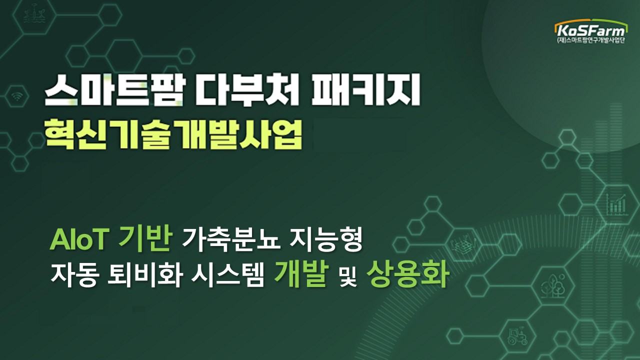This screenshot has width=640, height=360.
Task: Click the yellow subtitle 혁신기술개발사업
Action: tap(173, 133)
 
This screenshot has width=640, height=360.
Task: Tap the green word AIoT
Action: tap(79, 241)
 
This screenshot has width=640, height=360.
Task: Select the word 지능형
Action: tap(325, 241)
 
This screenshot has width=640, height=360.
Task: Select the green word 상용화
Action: tap(406, 275)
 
